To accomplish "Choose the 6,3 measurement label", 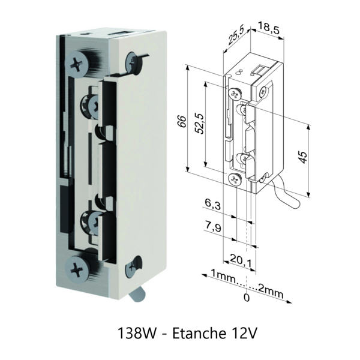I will click(213, 205).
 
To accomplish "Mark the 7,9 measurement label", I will click(213, 226).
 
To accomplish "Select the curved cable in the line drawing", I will click(280, 192).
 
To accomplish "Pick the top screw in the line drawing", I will click(234, 92).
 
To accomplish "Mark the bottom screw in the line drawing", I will click(235, 178).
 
